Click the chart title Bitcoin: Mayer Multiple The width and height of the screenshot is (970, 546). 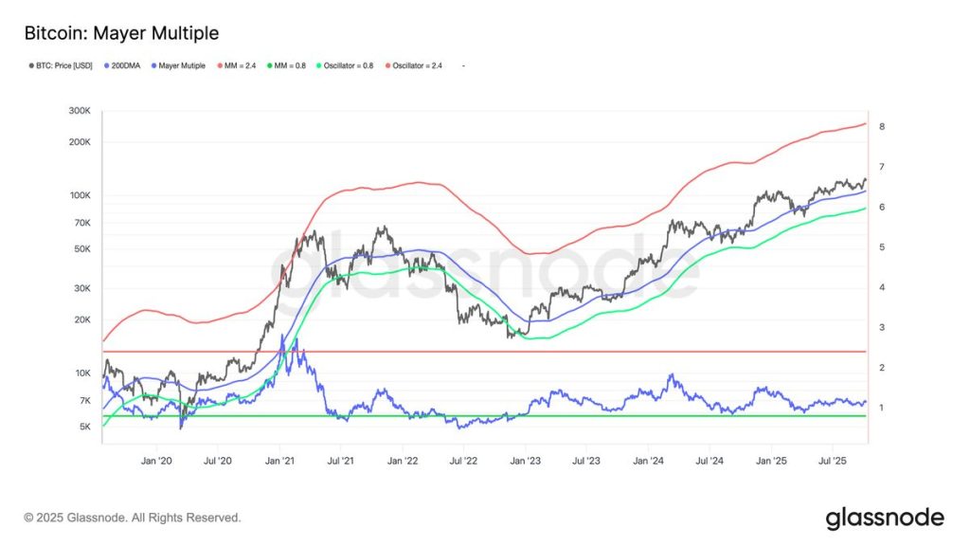pyautogui.click(x=121, y=33)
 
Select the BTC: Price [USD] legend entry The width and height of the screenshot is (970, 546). pyautogui.click(x=59, y=65)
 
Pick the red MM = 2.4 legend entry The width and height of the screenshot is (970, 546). pyautogui.click(x=242, y=65)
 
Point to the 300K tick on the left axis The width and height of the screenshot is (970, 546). pyautogui.click(x=79, y=111)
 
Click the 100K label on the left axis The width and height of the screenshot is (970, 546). pyautogui.click(x=79, y=195)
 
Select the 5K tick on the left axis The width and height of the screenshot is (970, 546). pyautogui.click(x=83, y=427)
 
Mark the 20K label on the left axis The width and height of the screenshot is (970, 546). pyautogui.click(x=81, y=319)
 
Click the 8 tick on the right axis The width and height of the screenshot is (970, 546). pyautogui.click(x=881, y=126)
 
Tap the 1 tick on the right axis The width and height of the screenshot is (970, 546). pyautogui.click(x=881, y=408)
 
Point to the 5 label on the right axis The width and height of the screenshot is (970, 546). pyautogui.click(x=881, y=247)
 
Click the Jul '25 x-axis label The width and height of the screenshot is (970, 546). pyautogui.click(x=833, y=461)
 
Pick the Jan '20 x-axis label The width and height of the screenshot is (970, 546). pyautogui.click(x=156, y=461)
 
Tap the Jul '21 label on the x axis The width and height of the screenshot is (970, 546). pyautogui.click(x=340, y=461)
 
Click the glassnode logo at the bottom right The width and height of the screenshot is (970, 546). pyautogui.click(x=884, y=518)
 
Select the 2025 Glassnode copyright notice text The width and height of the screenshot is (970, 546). pyautogui.click(x=133, y=518)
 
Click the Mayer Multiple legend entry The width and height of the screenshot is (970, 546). pyautogui.click(x=182, y=65)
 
